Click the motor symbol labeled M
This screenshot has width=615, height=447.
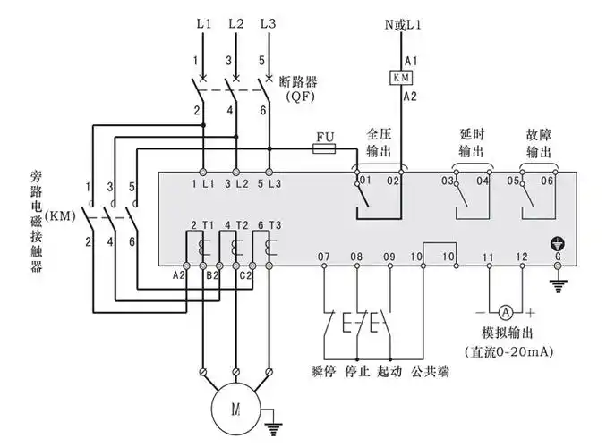(x=236, y=410)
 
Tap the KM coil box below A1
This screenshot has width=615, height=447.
(x=399, y=78)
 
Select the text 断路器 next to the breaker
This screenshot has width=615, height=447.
(x=299, y=80)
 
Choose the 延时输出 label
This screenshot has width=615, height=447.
(x=472, y=142)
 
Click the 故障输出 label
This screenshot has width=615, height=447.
(x=538, y=142)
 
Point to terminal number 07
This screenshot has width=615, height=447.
(x=324, y=257)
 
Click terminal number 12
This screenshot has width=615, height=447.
(x=522, y=257)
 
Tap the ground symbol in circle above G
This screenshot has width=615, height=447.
(x=559, y=243)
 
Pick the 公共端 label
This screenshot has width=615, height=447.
(x=429, y=370)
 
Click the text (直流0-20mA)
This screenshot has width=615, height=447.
(x=508, y=351)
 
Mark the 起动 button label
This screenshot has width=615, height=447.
(x=390, y=370)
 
